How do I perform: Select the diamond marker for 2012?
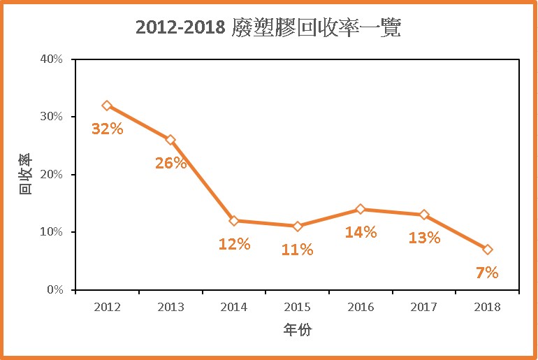(107, 106)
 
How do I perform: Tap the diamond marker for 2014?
(234, 221)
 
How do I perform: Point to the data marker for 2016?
(361, 209)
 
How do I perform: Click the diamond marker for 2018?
(488, 250)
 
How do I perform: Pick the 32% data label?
(108, 129)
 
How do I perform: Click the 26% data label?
(171, 164)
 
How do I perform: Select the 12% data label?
(234, 244)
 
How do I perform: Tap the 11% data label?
(298, 250)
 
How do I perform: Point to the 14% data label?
(361, 232)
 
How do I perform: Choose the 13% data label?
(424, 238)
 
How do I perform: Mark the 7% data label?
(487, 273)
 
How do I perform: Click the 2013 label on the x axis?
(170, 306)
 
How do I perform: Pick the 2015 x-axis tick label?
(298, 306)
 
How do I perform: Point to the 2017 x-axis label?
(424, 306)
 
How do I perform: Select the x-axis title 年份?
(298, 329)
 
